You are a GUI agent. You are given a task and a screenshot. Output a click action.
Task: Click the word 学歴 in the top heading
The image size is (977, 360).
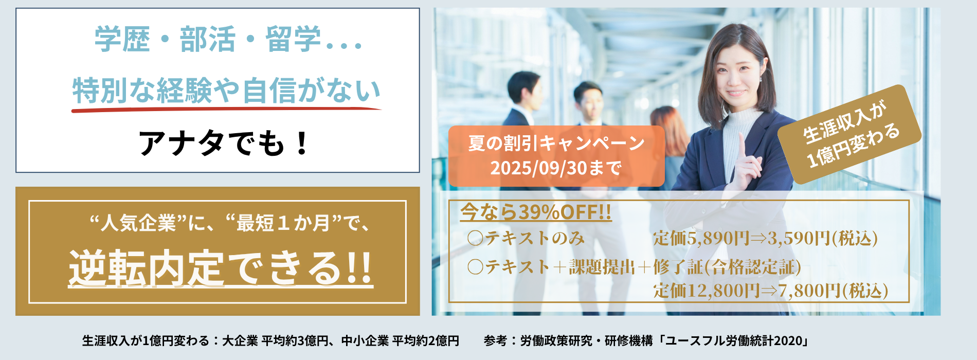click(x=122, y=39)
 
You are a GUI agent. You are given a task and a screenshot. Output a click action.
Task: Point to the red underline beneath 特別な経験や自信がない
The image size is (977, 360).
click(x=226, y=109)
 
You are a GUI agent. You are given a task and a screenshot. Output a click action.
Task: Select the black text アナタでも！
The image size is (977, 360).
click(x=224, y=142)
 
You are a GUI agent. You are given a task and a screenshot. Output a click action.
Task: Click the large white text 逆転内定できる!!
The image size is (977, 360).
click(x=221, y=267)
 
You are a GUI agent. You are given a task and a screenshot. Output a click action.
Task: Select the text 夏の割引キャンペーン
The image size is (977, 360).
click(x=556, y=143)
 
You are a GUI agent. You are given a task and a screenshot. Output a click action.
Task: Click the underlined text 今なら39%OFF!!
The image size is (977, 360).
click(x=536, y=212)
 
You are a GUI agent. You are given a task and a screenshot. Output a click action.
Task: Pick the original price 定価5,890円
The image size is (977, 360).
click(x=701, y=238)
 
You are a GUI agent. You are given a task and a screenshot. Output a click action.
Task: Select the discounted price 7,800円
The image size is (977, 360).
click(x=809, y=291)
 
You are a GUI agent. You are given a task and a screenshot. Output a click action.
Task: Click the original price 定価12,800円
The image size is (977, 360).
click(x=707, y=291)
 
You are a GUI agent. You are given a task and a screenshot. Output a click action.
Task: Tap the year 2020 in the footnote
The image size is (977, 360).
click(x=788, y=340)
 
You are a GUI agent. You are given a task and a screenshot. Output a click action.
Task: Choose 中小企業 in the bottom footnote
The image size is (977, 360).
click(x=365, y=340)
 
